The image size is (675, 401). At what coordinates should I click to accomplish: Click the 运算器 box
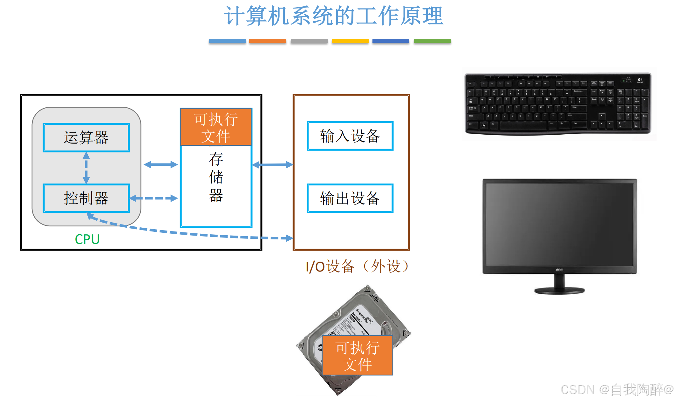point(86,137)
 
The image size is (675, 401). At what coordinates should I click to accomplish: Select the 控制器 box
point(86,198)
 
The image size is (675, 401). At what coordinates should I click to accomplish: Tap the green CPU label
point(87,239)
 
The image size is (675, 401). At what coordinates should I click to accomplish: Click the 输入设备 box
point(350,136)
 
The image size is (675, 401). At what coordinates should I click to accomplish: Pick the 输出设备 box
point(350,198)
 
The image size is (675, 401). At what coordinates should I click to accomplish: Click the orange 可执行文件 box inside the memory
point(216,127)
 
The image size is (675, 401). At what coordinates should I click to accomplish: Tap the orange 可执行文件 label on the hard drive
point(358,356)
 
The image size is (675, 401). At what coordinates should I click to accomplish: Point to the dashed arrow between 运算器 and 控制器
point(86,168)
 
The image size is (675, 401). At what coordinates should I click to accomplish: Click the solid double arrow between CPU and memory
point(161,164)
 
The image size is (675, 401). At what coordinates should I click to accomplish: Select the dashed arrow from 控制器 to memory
point(154,198)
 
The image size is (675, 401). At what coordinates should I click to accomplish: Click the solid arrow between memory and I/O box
point(273,164)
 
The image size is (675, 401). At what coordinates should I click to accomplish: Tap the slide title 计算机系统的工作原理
point(334,16)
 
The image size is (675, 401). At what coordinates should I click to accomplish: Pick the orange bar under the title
point(267,41)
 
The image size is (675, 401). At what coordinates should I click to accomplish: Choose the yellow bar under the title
point(350,41)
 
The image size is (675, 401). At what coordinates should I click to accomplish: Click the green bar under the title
point(432,41)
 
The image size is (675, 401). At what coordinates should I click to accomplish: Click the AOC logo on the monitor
point(559,270)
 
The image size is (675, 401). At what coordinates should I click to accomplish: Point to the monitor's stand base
point(559,291)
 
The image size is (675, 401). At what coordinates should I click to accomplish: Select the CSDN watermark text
point(617,390)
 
